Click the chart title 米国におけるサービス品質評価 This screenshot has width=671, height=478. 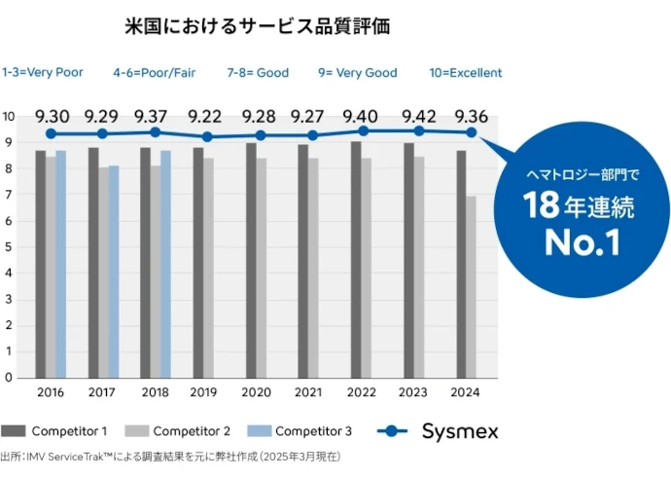coord(258,26)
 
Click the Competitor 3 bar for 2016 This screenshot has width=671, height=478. coord(61,263)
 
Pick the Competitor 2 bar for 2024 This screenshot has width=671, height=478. coord(472,287)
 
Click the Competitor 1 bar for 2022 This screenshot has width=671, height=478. coord(356,259)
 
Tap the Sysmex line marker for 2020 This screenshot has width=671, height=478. coord(261,135)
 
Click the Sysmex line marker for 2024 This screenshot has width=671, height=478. coord(471,132)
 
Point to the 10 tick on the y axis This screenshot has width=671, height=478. coord(8,117)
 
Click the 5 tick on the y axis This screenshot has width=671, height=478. coord(8,247)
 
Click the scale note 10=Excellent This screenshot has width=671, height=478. coord(466,72)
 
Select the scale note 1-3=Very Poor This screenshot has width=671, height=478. coord(43,72)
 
